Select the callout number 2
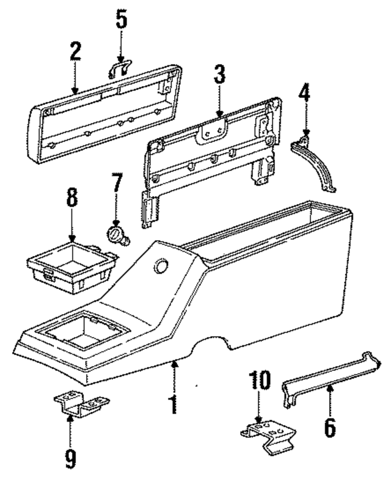click(x=75, y=53)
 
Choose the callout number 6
click(x=329, y=425)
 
